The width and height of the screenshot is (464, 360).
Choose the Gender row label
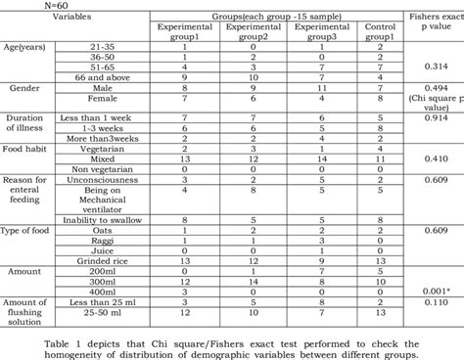[23, 88]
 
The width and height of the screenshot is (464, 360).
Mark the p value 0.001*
[435, 292]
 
